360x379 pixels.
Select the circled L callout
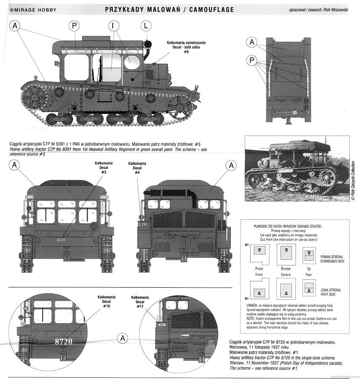coord(146,26)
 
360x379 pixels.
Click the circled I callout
coord(113,26)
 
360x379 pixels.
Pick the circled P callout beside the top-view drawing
coord(252,61)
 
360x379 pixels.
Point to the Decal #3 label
coord(104,167)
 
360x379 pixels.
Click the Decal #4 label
coord(137,168)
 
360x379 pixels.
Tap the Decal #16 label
coord(106,302)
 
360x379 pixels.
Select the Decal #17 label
coord(140,302)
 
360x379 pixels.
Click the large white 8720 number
coord(64,342)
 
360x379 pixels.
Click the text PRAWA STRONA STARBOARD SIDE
coord(331,259)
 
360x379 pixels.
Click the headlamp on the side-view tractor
coord(147,44)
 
